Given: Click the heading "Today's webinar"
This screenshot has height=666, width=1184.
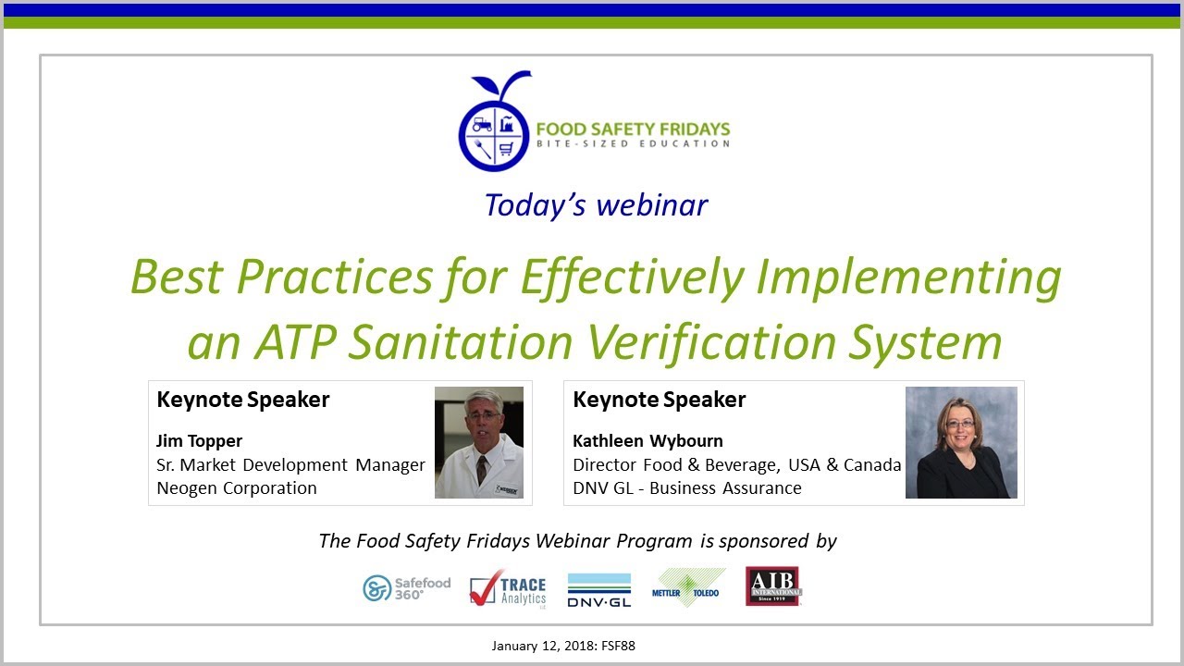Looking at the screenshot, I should coord(596,204).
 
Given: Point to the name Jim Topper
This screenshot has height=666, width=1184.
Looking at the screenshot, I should coord(199,440).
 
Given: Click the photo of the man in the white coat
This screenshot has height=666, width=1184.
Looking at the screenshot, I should coord(479,442).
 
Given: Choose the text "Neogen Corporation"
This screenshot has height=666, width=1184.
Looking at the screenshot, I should coord(237,487).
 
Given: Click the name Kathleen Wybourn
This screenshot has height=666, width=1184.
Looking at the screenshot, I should coord(647,440).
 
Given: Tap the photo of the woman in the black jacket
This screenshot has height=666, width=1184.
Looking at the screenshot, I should coord(961,442).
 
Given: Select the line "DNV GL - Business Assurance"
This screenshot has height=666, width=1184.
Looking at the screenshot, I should coord(687,487).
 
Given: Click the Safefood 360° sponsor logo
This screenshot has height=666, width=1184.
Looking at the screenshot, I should coord(406,587).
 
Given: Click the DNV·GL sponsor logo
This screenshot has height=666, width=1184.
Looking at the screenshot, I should coord(598,589).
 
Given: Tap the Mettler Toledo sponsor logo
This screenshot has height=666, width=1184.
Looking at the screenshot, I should coord(688,588).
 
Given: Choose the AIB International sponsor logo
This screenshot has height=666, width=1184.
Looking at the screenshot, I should coord(773,586).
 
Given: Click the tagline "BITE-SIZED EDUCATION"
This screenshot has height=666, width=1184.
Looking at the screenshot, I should coord(633,143).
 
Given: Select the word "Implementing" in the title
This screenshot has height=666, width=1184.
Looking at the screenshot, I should coord(911,276).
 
